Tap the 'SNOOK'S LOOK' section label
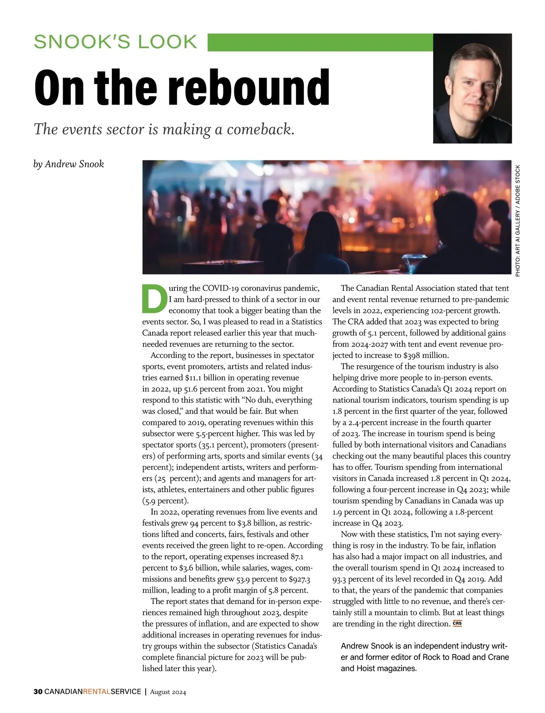(x=116, y=42)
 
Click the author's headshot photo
(x=472, y=89)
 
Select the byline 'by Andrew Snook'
(x=69, y=164)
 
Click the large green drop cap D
(x=154, y=299)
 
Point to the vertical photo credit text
(x=518, y=220)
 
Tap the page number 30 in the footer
(x=38, y=692)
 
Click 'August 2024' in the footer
(x=168, y=692)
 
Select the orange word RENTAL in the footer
(x=97, y=692)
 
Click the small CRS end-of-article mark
(x=457, y=623)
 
